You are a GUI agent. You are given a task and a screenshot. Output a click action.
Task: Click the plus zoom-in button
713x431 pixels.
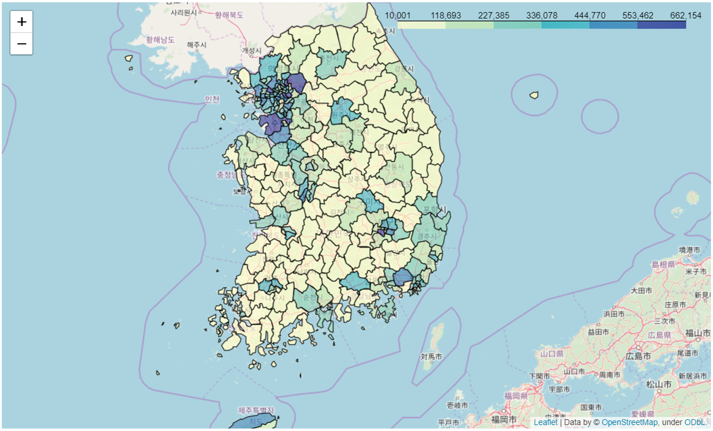(22, 22)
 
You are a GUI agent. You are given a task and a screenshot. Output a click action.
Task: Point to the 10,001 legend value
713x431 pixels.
(397, 15)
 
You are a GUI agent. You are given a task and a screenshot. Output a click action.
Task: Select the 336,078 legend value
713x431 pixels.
(542, 15)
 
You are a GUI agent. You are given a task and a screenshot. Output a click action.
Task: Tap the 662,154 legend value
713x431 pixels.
(686, 15)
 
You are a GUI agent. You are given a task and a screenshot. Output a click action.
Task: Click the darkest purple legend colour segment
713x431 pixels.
(661, 25)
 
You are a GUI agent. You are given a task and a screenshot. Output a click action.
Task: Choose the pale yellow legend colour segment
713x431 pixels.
(422, 25)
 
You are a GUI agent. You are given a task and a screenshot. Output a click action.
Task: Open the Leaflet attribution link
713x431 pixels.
(545, 422)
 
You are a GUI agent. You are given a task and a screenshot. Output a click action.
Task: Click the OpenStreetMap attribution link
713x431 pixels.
(629, 422)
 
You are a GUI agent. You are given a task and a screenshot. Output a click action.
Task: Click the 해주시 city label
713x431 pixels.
(196, 45)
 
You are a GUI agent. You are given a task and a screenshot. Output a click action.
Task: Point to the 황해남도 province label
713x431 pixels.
(160, 40)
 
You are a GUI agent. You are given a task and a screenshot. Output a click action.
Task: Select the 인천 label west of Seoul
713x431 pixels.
(212, 99)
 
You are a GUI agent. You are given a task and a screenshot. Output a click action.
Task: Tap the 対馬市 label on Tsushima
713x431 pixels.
(431, 357)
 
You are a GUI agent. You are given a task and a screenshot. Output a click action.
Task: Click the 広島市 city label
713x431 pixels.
(638, 356)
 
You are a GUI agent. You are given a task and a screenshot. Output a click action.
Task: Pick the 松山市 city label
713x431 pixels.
(659, 384)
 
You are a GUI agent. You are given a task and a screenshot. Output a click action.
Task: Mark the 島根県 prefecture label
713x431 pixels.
(663, 264)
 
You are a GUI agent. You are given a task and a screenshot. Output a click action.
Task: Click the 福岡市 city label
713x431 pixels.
(504, 419)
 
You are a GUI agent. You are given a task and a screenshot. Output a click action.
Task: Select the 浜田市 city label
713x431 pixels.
(614, 314)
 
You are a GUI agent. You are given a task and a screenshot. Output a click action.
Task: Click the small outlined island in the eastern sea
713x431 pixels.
(534, 95)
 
